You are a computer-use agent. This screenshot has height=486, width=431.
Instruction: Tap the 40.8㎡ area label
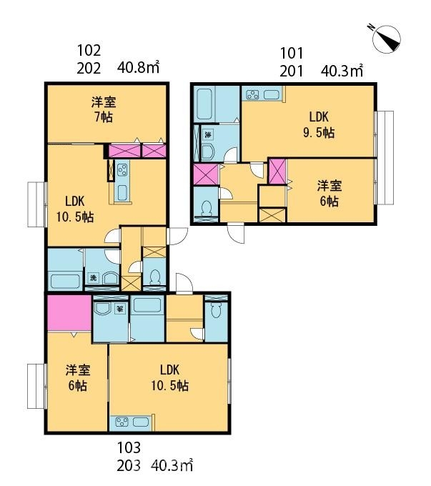tap(137, 68)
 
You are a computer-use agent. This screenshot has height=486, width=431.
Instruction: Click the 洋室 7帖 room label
tap(104, 109)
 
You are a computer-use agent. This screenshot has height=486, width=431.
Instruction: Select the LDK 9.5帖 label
tap(319, 124)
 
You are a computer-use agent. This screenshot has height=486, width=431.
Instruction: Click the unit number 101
tap(292, 53)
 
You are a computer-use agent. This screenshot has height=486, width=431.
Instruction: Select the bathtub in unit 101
tap(205, 104)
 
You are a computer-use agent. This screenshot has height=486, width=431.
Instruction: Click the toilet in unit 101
tap(207, 209)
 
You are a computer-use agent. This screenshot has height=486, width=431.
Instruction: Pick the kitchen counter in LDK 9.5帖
tap(263, 94)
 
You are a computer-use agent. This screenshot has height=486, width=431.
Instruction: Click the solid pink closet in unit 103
tap(68, 313)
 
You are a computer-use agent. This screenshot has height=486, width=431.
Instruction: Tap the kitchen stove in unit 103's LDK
tap(122, 422)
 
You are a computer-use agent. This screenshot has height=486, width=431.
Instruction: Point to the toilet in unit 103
tap(216, 312)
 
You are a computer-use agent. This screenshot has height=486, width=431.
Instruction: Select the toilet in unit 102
tap(154, 277)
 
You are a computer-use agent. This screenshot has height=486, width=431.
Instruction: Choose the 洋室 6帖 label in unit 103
tap(78, 377)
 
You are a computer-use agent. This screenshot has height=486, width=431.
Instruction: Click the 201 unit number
tap(292, 70)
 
